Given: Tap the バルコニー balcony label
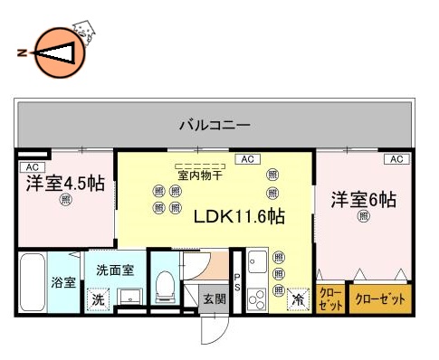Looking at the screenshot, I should pyautogui.click(x=215, y=124).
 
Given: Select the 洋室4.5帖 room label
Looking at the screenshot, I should pyautogui.click(x=64, y=183).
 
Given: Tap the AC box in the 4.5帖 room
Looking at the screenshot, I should pyautogui.click(x=31, y=167).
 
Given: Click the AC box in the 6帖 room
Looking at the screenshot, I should pyautogui.click(x=396, y=159).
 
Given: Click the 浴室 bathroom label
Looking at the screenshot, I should pyautogui.click(x=62, y=280).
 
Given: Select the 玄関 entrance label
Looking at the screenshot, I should pyautogui.click(x=214, y=298).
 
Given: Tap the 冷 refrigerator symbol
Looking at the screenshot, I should pyautogui.click(x=296, y=298).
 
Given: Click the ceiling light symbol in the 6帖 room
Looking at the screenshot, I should pyautogui.click(x=363, y=216).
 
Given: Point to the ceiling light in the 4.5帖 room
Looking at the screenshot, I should pyautogui.click(x=64, y=201).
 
